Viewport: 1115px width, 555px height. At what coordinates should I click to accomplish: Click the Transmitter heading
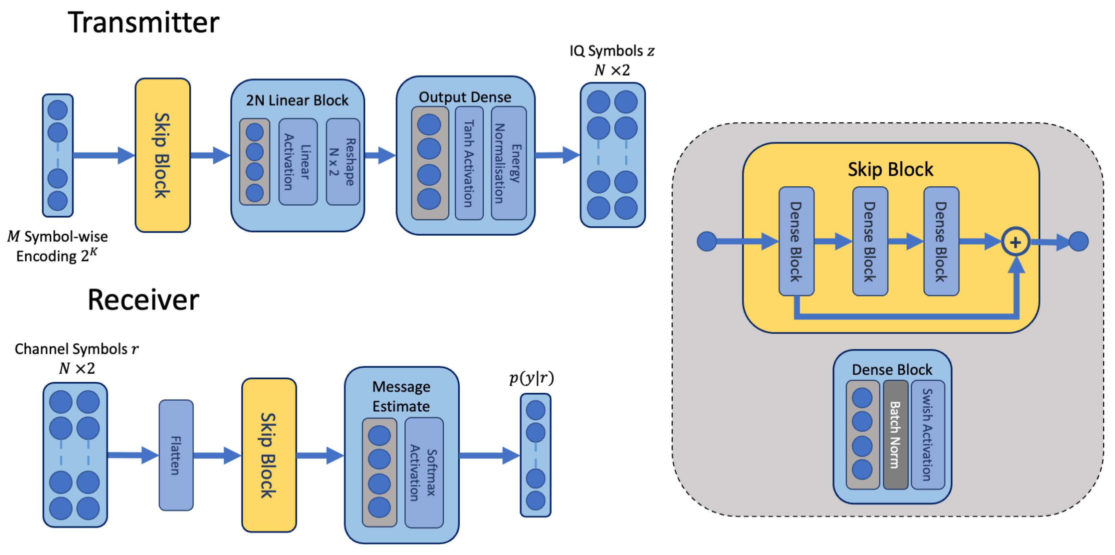point(143,23)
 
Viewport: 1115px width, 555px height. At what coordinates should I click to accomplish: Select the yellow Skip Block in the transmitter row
point(163,155)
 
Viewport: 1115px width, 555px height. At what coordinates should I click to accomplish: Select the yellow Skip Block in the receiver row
point(269,455)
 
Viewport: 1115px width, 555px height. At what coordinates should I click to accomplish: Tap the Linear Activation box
point(298,161)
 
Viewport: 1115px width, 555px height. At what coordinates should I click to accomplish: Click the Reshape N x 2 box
point(342,161)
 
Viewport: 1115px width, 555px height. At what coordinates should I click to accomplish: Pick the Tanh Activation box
point(469,163)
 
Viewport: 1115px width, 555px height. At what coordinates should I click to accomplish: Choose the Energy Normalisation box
point(509,163)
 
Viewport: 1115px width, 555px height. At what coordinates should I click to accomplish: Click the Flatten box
point(176,455)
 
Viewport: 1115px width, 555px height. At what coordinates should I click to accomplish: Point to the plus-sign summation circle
point(1015,242)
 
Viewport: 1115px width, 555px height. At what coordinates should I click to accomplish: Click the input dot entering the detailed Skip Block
point(706,241)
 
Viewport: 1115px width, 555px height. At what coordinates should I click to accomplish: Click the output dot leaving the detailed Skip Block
point(1078,241)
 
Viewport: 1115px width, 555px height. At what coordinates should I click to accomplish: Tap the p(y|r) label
point(531,378)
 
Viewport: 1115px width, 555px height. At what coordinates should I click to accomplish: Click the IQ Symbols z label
point(612,51)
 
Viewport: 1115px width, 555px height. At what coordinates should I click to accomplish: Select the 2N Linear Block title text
point(297,100)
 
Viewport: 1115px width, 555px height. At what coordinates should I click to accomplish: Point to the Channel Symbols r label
point(77,349)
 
